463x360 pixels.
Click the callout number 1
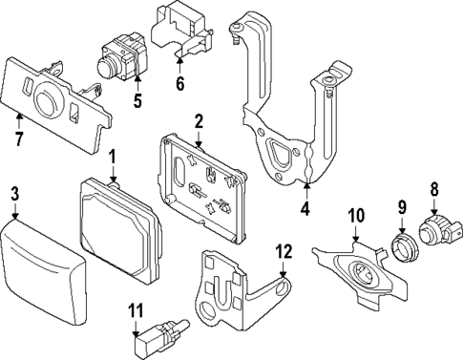pos(112,156)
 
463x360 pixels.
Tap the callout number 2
pos(199,121)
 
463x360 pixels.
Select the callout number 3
pos(14,195)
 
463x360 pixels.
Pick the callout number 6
pos(179,83)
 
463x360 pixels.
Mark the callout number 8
pos(434,190)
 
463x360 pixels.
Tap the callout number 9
pos(402,205)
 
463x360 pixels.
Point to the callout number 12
pos(282,252)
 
